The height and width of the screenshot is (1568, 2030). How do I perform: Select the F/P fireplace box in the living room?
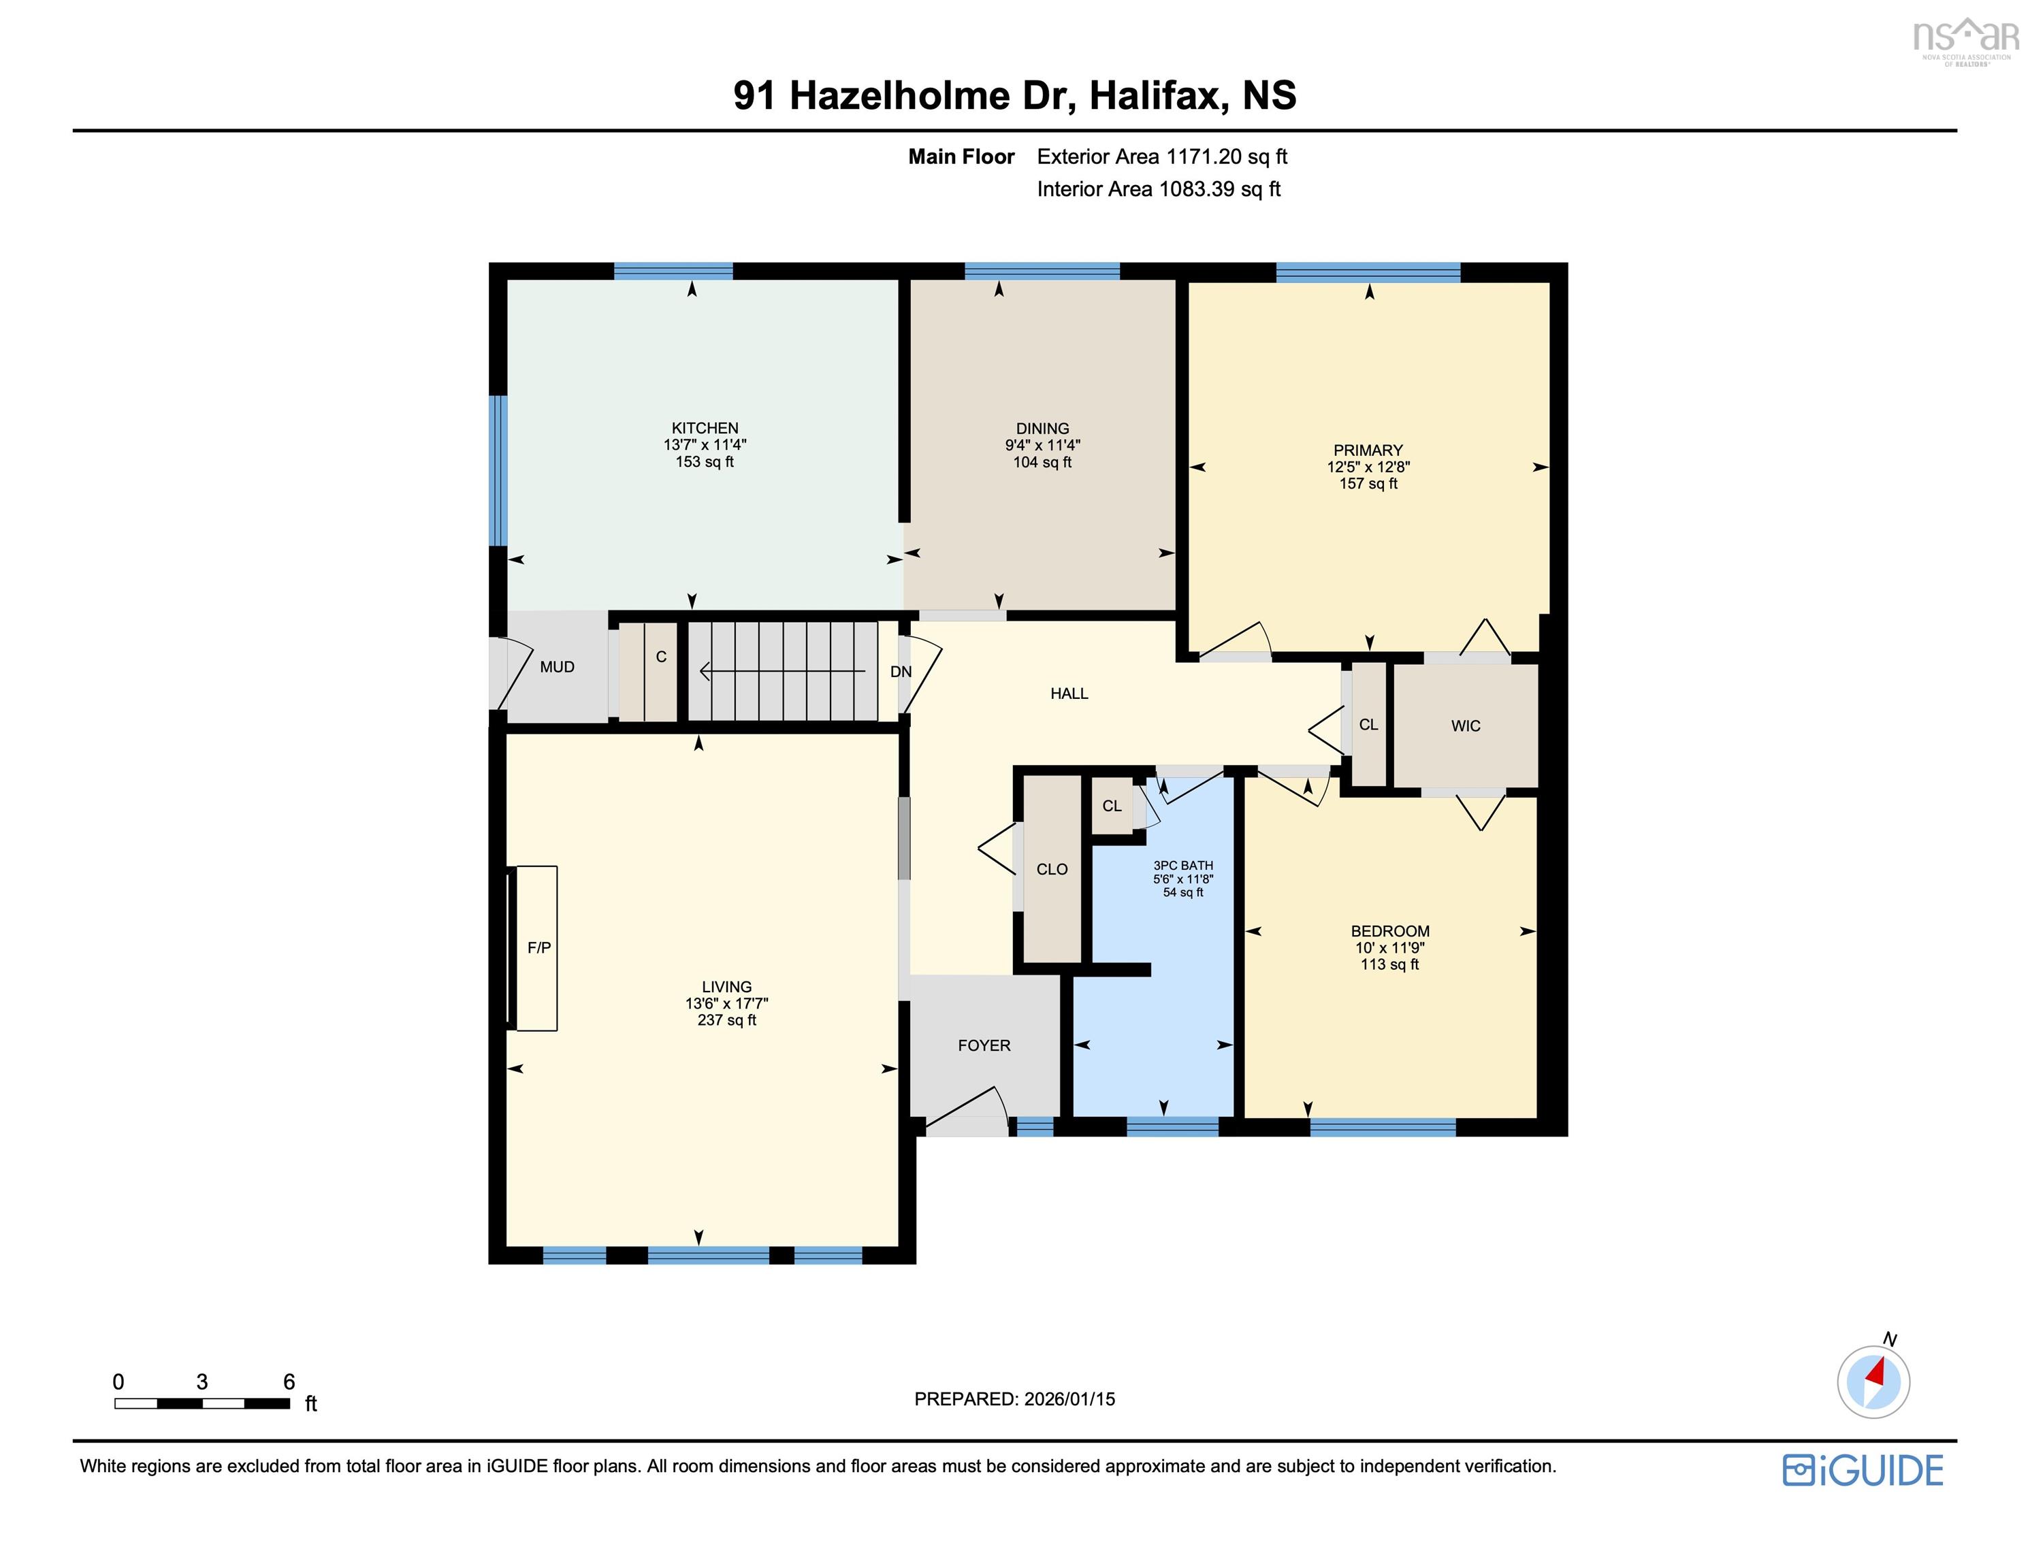click(x=536, y=948)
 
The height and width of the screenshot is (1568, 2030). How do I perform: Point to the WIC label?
click(x=1465, y=726)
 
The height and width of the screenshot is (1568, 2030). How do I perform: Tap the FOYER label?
click(x=984, y=1045)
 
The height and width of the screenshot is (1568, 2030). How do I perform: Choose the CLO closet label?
click(x=1051, y=869)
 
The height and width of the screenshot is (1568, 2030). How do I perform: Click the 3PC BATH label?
click(x=1182, y=866)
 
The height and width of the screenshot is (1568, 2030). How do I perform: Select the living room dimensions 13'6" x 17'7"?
click(x=726, y=1004)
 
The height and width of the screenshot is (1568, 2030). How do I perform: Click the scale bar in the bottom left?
click(x=202, y=1403)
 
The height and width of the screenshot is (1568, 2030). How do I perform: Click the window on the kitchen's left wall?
click(x=499, y=470)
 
